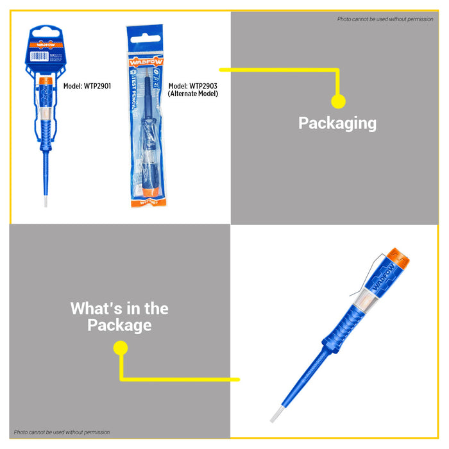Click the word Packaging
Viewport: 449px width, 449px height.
click(337, 123)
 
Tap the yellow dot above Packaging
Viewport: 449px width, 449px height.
click(338, 101)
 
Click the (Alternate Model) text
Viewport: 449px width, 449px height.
click(193, 94)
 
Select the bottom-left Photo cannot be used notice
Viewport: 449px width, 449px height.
click(62, 432)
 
